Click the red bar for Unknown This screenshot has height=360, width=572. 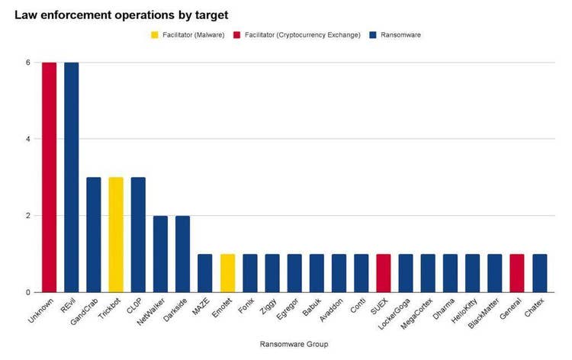click(x=49, y=177)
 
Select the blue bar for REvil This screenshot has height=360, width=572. click(x=71, y=177)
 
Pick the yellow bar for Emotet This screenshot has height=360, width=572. click(x=227, y=273)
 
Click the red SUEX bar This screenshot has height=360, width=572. click(x=384, y=273)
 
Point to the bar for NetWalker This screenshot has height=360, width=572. click(x=160, y=254)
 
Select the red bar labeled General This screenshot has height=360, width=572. click(x=517, y=273)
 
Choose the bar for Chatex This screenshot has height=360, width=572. click(x=540, y=273)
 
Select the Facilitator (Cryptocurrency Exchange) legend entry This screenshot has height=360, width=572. click(x=303, y=35)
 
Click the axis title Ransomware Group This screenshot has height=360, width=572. click(x=294, y=345)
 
